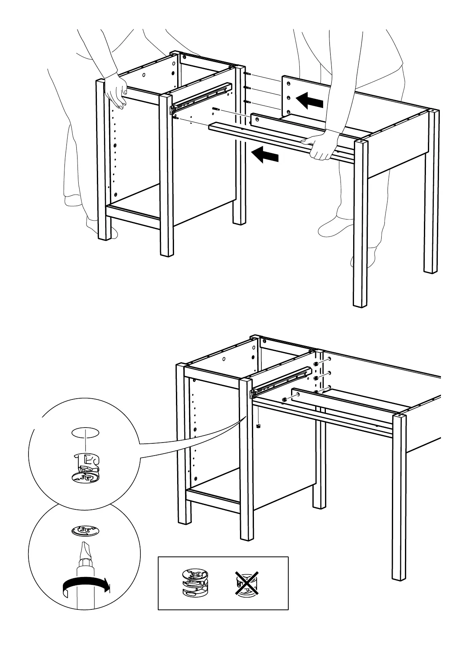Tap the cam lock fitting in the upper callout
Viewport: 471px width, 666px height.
[86, 469]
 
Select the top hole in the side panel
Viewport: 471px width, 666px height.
[289, 84]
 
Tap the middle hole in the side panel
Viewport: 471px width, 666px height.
[289, 98]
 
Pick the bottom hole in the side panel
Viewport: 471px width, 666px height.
[289, 112]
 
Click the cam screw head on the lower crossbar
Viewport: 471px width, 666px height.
[284, 399]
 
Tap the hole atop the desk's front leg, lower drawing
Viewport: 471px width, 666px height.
[399, 417]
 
